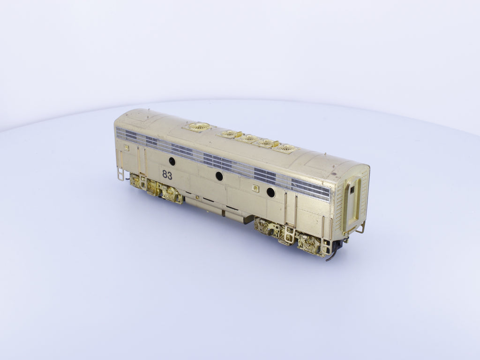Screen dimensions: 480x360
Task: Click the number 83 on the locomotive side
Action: tap(167, 175)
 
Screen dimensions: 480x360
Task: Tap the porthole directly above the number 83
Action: tap(172, 161)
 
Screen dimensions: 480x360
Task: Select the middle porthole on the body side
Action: tap(219, 176)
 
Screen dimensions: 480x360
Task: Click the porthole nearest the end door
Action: tap(270, 193)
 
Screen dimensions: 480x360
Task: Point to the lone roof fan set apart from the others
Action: tap(199, 126)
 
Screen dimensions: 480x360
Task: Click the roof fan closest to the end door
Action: tap(286, 149)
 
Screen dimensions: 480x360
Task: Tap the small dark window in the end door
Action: tap(352, 190)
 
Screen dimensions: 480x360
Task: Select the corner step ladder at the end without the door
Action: tap(120, 173)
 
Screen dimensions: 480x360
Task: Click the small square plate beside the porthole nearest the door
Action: tap(256, 188)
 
